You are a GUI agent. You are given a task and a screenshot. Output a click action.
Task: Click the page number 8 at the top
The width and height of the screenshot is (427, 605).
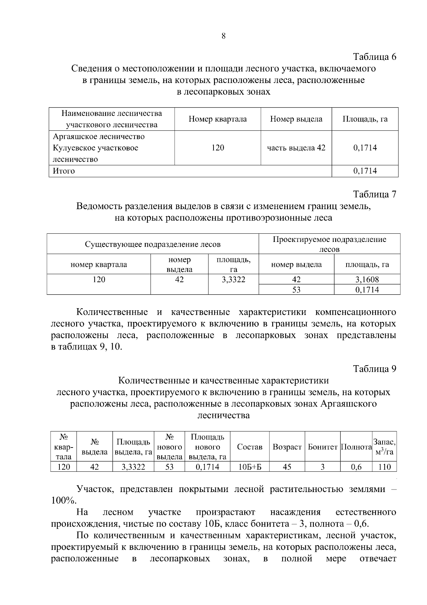pos(223,36)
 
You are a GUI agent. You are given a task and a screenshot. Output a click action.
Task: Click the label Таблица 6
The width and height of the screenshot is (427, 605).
pos(374,57)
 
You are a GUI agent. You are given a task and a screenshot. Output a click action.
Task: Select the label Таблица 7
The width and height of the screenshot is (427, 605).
pos(374,194)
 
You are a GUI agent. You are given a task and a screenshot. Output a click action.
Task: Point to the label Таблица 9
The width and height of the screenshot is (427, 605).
pos(374,369)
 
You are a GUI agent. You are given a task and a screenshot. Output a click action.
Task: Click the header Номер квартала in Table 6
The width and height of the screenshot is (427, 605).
pos(217,119)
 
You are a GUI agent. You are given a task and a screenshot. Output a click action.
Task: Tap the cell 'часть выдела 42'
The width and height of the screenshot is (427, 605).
pos(296,148)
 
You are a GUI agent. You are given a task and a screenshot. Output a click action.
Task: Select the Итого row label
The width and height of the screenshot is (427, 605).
pos(64,171)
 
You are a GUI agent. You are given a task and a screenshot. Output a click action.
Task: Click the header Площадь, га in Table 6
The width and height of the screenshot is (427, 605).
pos(365,119)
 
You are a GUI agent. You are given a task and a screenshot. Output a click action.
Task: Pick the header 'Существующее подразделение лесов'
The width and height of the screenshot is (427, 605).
pos(153,244)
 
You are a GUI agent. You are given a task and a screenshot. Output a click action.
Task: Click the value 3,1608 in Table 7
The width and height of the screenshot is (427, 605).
pos(367,279)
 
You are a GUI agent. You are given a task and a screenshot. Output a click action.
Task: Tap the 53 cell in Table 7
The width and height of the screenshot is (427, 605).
pos(296,290)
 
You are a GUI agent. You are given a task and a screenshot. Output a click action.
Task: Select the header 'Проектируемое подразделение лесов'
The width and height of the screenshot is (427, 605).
pos(329,244)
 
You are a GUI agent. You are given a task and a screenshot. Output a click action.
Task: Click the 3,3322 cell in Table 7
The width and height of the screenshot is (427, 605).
pos(233,279)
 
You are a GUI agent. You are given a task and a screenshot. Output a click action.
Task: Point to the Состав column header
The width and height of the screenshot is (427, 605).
pos(249,447)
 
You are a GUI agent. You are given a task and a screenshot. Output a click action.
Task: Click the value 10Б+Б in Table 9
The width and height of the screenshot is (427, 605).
pos(249,467)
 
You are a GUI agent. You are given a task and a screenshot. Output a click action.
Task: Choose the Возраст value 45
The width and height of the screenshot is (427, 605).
pos(287,467)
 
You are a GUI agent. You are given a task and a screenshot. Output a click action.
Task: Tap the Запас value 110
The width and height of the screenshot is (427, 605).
pos(384,467)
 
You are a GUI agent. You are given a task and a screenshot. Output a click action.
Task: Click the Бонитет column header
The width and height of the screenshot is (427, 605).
pos(322,447)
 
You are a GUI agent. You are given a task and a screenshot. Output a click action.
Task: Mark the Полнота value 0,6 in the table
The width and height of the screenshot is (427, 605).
pos(356,467)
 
